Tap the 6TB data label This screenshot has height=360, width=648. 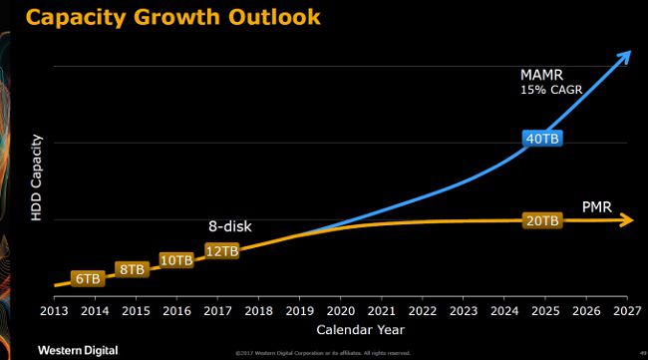click(x=88, y=279)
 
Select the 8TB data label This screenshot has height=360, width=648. click(x=132, y=269)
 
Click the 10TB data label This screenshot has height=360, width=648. click(x=175, y=259)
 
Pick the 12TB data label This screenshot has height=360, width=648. click(x=221, y=250)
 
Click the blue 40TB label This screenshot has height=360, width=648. click(x=541, y=139)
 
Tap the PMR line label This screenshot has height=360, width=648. click(x=597, y=207)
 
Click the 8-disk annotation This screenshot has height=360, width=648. click(x=229, y=226)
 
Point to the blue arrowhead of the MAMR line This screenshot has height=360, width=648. click(x=627, y=56)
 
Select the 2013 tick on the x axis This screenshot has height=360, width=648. click(x=54, y=310)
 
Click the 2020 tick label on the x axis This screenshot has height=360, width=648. click(x=339, y=310)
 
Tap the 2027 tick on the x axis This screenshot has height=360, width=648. click(x=625, y=310)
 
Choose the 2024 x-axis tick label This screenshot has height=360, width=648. click(x=502, y=310)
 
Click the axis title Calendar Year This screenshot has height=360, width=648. click(x=361, y=329)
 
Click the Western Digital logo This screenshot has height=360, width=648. click(x=78, y=349)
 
